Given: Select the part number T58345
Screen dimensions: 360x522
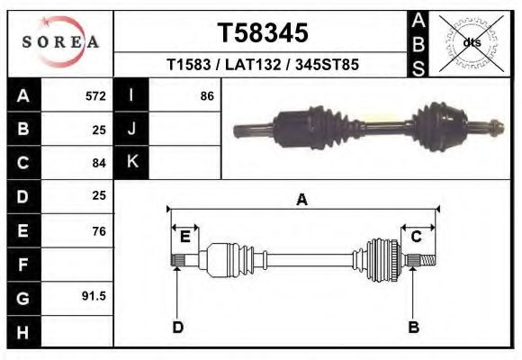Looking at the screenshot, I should point(263,33).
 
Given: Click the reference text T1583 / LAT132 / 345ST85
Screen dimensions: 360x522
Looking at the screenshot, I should point(263,66).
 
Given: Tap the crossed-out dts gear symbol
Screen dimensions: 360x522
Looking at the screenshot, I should point(471,42).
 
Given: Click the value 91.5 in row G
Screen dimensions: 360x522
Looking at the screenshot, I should point(94,296).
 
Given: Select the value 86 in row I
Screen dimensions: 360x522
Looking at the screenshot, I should point(207,95).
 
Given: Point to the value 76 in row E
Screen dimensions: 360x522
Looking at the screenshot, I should point(98,231).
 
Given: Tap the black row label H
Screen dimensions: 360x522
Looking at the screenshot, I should point(22,331).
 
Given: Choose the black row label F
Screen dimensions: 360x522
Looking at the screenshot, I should point(22,265).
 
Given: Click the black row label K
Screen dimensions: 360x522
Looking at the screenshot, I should point(131,163).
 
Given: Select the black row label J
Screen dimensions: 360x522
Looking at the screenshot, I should point(131,129).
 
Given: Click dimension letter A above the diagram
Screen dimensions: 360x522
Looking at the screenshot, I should point(302,201).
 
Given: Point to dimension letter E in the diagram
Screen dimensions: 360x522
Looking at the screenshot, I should point(184,237).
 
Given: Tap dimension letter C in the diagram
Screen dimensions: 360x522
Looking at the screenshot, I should point(417,237).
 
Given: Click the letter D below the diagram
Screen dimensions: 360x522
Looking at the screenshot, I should point(178,327).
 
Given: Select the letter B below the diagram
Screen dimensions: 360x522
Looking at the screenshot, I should point(414,327).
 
